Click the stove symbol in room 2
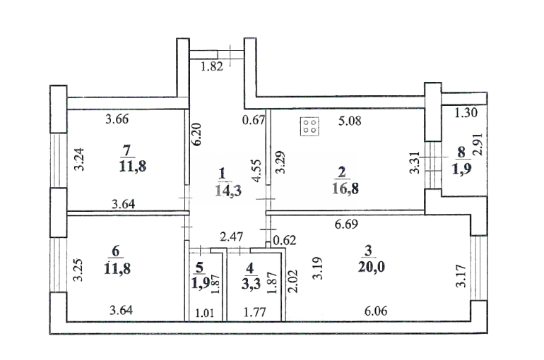(x=309, y=126)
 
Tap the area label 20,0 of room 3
(x=372, y=267)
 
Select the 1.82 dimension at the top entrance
(x=212, y=66)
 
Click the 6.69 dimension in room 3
(x=346, y=224)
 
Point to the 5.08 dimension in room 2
(x=350, y=121)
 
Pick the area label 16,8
(x=345, y=189)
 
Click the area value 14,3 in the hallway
(x=228, y=190)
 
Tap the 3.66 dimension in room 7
(x=117, y=119)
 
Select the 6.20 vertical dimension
(x=196, y=134)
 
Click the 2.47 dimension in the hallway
(x=232, y=237)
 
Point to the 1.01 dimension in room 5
(x=205, y=313)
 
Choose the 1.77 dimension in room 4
(x=254, y=313)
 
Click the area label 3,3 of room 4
(x=251, y=283)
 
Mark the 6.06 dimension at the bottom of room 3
(x=376, y=311)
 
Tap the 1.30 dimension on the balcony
(x=466, y=112)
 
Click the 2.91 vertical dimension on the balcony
(x=479, y=144)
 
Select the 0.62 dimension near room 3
(x=285, y=240)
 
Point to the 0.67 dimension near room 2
(x=254, y=120)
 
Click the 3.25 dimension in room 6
(x=78, y=270)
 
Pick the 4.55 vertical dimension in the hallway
(x=256, y=171)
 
